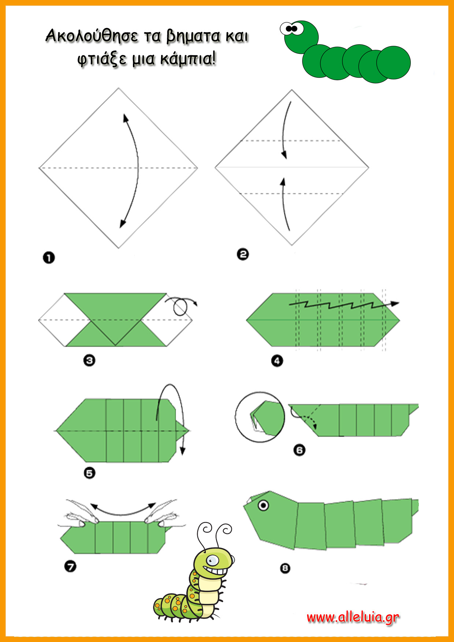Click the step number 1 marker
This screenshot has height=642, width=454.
point(49,258)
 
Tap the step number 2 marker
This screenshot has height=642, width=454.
point(243,254)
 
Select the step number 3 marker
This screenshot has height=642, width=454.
point(89,360)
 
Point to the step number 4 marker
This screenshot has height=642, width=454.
point(277,361)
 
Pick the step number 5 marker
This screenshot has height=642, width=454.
point(89,473)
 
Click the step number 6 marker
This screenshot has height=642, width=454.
point(299,450)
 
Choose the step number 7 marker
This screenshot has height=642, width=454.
point(70,567)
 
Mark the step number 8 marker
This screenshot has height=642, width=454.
point(285,568)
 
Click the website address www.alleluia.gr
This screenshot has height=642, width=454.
point(353,617)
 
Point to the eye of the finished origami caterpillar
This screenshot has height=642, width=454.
point(263,506)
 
